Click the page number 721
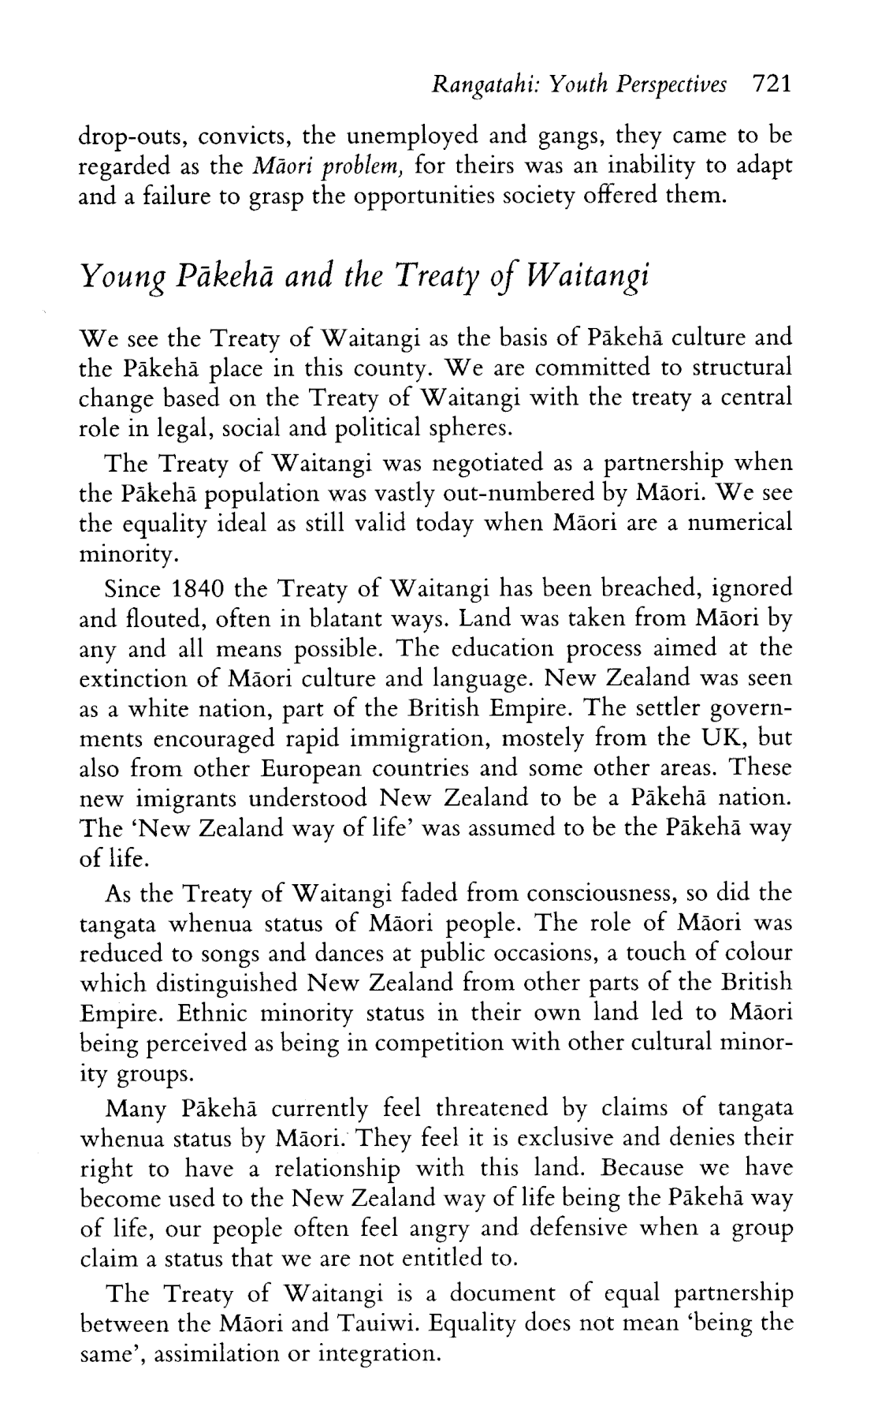(x=771, y=84)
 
